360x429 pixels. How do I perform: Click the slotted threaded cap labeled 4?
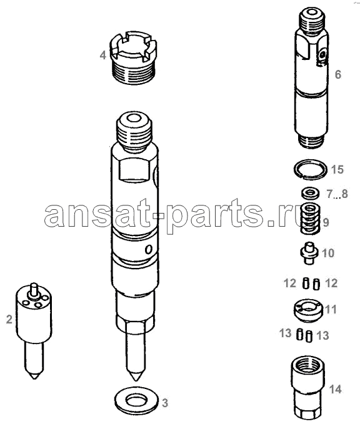(x=133, y=57)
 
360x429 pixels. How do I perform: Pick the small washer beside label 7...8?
(x=311, y=193)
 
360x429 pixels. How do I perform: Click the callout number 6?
(x=338, y=74)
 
